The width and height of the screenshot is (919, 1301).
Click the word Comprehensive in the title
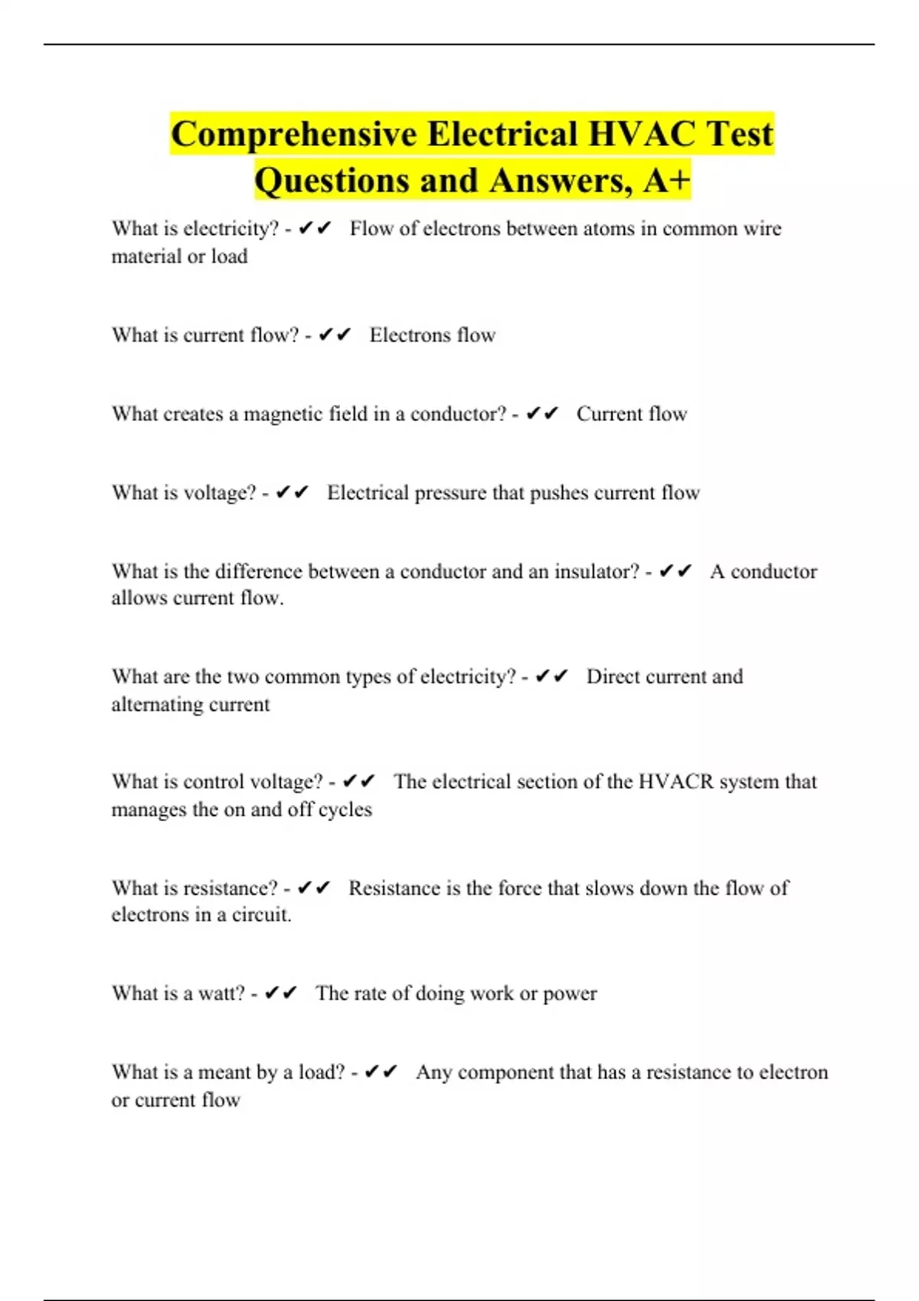(294, 134)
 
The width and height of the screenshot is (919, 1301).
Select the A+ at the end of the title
(667, 181)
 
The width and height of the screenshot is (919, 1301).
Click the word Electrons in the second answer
(410, 335)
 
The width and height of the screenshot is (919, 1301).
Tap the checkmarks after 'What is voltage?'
(292, 492)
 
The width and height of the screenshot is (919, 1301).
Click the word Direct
(613, 677)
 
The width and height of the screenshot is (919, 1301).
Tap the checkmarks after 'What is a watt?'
(280, 993)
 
